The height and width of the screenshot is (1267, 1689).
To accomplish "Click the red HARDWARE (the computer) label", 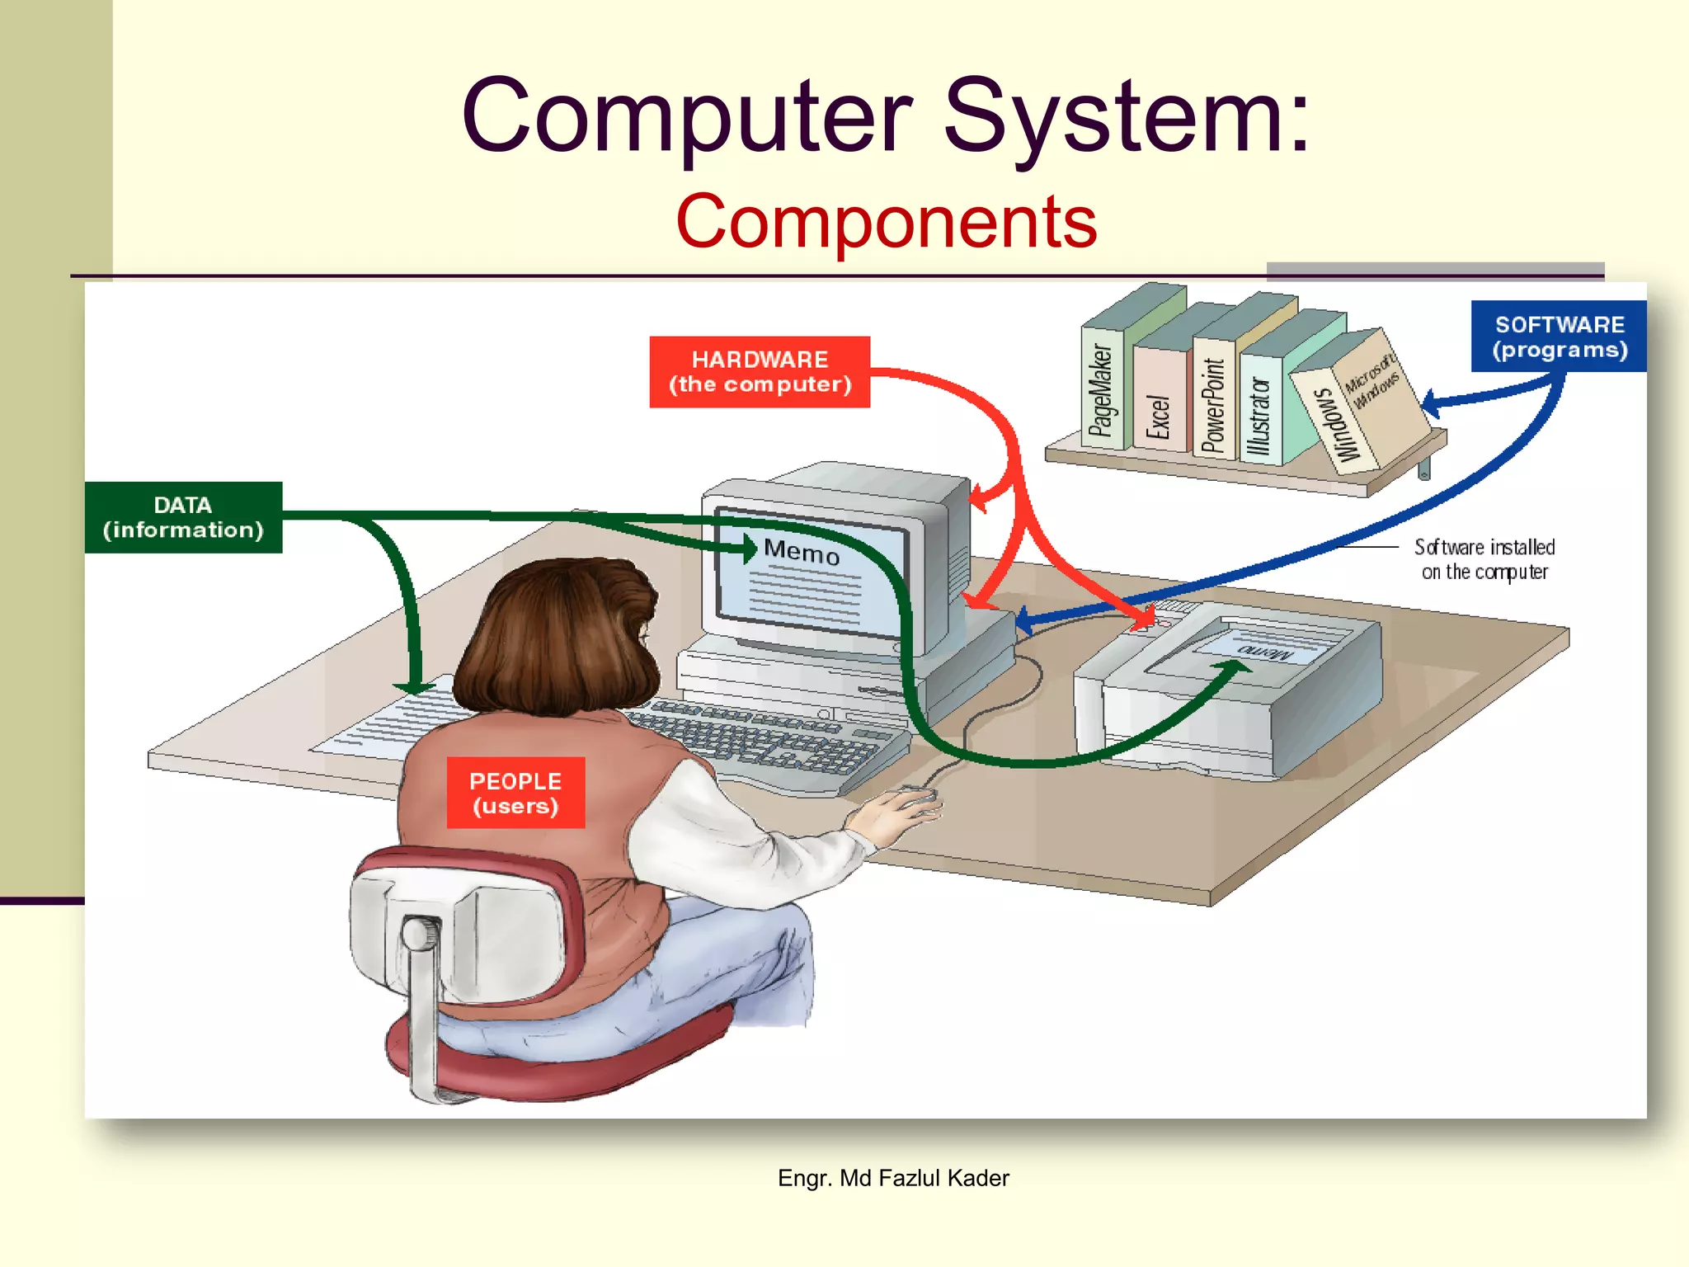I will click(x=760, y=371).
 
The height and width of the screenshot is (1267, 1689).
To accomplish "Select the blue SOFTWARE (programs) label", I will click(x=1559, y=337).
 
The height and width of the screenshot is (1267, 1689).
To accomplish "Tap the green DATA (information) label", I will click(x=183, y=517).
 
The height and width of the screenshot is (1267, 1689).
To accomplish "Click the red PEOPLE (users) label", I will click(x=515, y=793).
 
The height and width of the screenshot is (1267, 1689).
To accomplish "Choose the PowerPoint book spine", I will click(x=1213, y=404).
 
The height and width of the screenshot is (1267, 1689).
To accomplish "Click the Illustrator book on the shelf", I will click(x=1259, y=417).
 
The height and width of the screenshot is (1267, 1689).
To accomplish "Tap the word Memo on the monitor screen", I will click(x=802, y=551).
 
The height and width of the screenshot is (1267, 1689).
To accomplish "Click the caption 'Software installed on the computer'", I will click(x=1484, y=559).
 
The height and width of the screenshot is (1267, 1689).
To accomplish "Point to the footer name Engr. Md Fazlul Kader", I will click(x=893, y=1178).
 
